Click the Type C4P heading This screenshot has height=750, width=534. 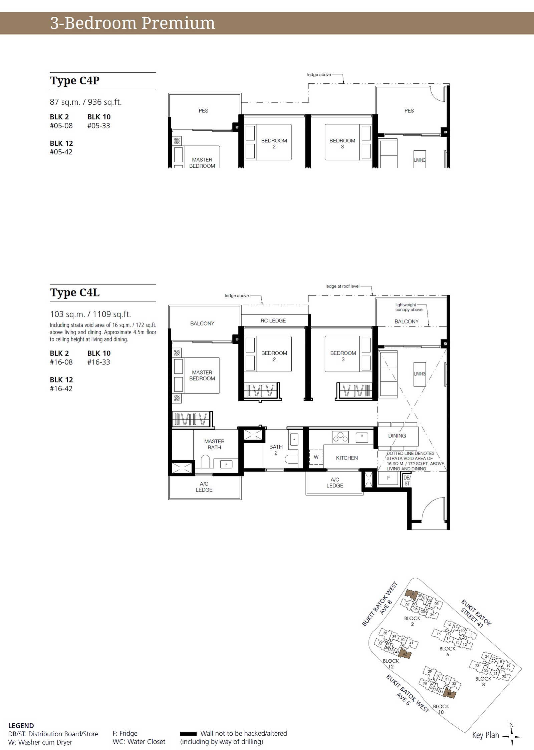pos(75,81)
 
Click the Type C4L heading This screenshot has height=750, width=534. pos(75,292)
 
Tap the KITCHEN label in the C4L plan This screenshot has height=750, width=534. pos(347,458)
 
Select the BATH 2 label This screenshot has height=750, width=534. pos(276,450)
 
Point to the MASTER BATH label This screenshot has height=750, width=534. pos(214,444)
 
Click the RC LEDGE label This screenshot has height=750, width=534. pos(273,320)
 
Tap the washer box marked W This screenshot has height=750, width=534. pos(316,457)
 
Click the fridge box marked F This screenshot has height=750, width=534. pos(388,478)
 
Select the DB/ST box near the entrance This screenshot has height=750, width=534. pos(407,481)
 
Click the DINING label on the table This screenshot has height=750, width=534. pos(397,436)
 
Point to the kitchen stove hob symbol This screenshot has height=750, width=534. pos(340,437)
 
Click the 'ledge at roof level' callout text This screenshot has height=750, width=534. pos(342,286)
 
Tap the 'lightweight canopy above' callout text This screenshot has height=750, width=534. pos(409,307)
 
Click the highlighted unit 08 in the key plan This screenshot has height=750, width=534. pos(412,594)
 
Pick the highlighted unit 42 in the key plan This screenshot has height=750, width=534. pos(405,654)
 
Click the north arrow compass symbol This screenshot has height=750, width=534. pos(512,736)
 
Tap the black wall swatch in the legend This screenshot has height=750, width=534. pos(188,734)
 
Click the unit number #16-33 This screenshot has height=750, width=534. pos(98,362)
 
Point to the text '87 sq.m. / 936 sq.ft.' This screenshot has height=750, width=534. pos(86,102)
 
